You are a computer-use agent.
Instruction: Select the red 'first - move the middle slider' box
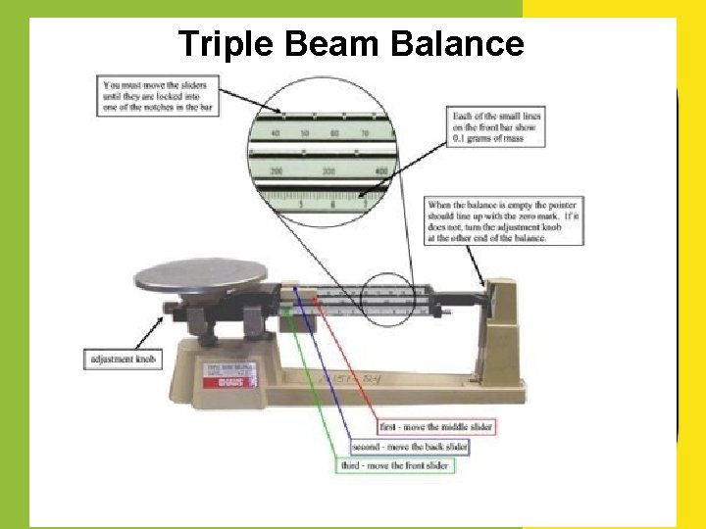click(436, 427)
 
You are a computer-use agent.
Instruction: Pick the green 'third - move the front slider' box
click(392, 465)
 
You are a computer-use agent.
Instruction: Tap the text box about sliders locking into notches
click(158, 95)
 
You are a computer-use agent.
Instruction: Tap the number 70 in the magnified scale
click(364, 132)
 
